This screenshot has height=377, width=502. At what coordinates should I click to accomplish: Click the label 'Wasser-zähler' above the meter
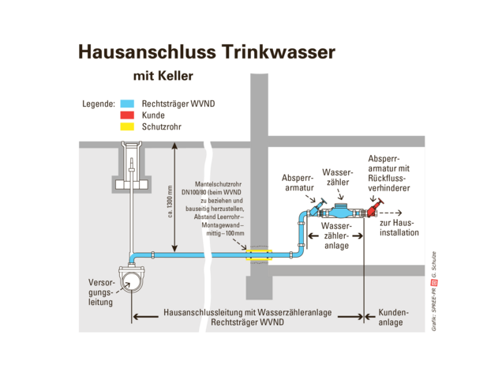(x=338, y=175)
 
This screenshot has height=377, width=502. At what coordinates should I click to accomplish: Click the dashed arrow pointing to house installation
(x=394, y=213)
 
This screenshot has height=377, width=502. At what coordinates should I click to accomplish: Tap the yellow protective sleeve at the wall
(x=259, y=254)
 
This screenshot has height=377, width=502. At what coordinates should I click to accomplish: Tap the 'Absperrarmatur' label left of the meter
(x=298, y=184)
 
